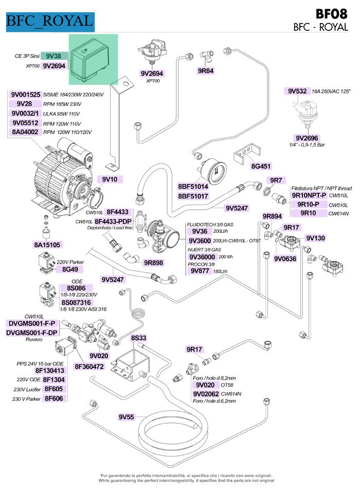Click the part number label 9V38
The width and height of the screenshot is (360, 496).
[x=53, y=56]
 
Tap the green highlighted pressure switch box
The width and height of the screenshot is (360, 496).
[x=93, y=59]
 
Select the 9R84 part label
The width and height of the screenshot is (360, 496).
[x=206, y=71]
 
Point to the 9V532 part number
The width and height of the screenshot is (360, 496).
[x=297, y=91]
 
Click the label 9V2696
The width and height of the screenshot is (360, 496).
[x=307, y=138]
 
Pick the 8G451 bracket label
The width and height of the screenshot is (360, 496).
[x=261, y=167]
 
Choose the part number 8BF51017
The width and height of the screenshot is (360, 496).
[x=193, y=196]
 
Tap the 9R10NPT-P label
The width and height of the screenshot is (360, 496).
[x=309, y=195]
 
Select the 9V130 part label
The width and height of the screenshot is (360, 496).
[x=315, y=238]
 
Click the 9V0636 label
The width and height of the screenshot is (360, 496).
[x=285, y=259]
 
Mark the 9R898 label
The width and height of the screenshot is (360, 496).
[x=154, y=263]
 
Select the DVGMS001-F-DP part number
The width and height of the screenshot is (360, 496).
[x=31, y=333]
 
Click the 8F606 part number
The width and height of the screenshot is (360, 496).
[x=53, y=398]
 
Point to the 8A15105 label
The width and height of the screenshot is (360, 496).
[x=47, y=245]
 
